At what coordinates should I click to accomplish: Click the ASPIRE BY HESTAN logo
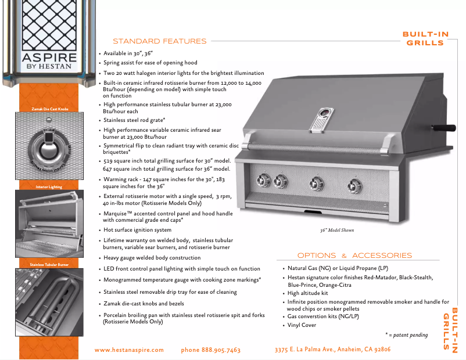tap(49, 61)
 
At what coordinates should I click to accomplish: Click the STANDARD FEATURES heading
tap(159, 41)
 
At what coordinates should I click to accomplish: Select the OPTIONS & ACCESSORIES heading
tap(354, 255)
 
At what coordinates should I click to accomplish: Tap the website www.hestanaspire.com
tap(129, 350)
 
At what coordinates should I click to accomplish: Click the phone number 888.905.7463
tap(210, 350)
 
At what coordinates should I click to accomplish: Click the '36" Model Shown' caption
tap(336, 231)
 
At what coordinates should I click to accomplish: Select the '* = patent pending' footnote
tap(406, 335)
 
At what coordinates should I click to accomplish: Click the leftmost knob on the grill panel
tap(264, 180)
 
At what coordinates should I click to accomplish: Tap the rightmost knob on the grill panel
tap(353, 186)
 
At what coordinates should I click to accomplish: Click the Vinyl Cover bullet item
tap(302, 325)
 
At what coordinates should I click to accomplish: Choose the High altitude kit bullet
tap(308, 293)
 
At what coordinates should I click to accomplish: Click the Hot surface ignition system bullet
tap(137, 230)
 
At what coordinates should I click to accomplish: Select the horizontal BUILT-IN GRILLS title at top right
tap(425, 38)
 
